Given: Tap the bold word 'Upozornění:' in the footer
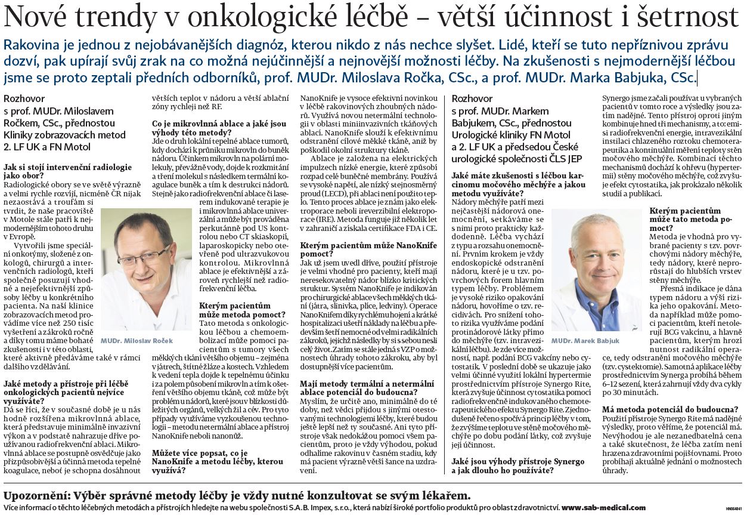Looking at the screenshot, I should click(x=35, y=495).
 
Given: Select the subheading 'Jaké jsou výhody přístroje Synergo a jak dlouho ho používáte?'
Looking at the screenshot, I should click(x=510, y=465).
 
